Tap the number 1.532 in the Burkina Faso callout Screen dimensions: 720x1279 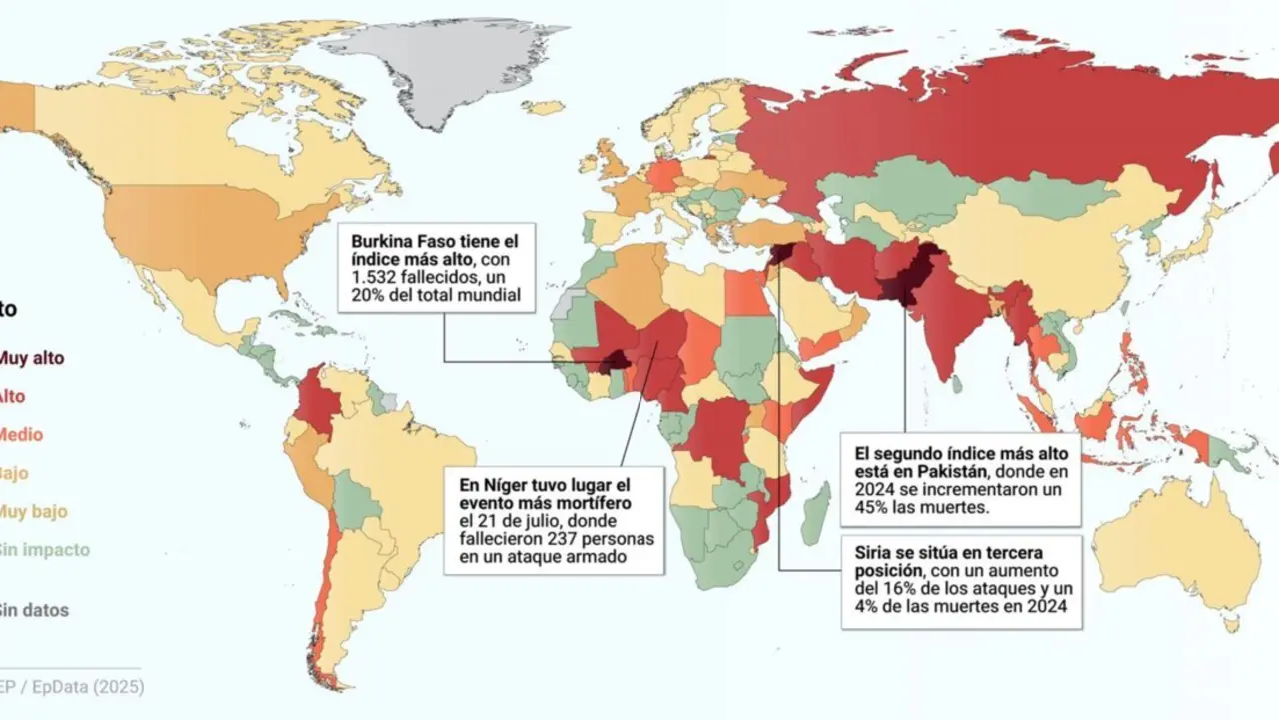coord(375,278)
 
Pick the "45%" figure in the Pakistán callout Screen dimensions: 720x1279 coord(871,510)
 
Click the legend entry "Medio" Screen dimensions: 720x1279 coord(20,435)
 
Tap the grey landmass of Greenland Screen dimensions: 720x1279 coord(430,70)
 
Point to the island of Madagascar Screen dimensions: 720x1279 coord(815,510)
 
